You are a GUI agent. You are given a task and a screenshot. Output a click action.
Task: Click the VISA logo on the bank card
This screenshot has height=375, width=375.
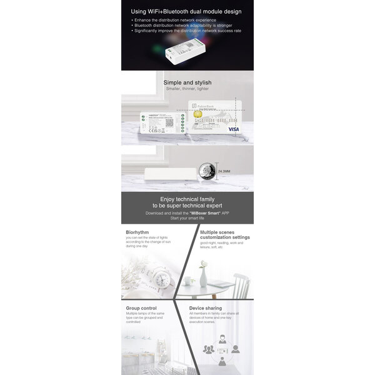click(x=234, y=129)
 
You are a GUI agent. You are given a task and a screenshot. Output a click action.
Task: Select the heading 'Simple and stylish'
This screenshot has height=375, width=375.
click(x=187, y=82)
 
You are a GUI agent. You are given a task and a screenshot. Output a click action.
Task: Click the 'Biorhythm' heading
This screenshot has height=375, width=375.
click(x=137, y=232)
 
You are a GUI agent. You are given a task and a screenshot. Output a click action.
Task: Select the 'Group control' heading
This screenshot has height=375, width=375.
click(x=141, y=307)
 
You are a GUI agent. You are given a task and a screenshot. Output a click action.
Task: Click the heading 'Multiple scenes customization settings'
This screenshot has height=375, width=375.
click(x=224, y=234)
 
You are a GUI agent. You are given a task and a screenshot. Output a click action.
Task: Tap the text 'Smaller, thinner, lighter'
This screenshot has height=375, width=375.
click(x=187, y=89)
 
